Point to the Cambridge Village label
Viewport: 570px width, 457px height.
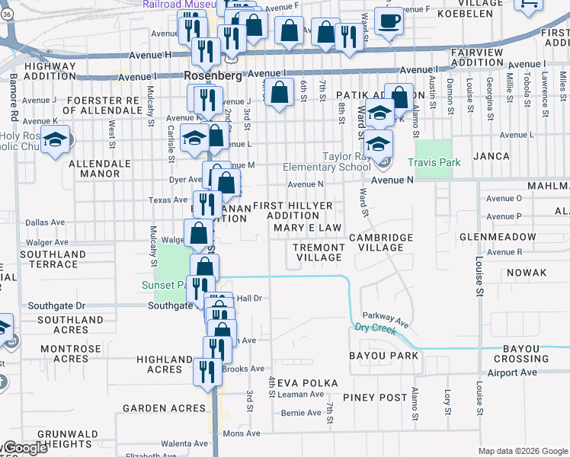tap(381, 242)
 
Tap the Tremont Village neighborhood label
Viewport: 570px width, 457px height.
tap(319, 252)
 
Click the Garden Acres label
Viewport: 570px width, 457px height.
tap(165, 408)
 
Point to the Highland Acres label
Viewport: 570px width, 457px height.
tap(164, 364)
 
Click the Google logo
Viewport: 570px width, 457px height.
tap(24, 449)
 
